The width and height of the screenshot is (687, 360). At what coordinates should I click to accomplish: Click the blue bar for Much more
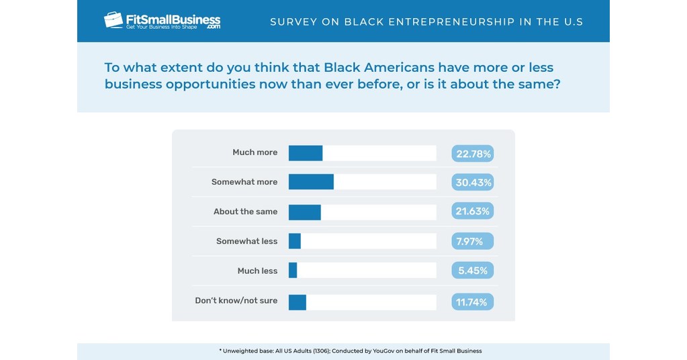[x=306, y=153]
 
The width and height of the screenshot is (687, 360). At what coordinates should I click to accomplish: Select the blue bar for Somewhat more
[x=311, y=182]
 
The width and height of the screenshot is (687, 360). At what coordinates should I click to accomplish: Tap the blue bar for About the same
[x=305, y=212]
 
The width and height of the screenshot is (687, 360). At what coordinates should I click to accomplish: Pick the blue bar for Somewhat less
[x=295, y=241]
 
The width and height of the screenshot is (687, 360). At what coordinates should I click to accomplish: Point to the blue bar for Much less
[x=293, y=271]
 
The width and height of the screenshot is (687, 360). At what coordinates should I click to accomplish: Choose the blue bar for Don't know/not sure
[x=297, y=302]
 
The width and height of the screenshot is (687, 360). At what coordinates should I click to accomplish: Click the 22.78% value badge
[x=473, y=154]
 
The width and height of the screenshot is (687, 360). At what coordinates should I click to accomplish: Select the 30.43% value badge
[x=473, y=183]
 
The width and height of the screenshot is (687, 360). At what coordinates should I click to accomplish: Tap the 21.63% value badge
[x=473, y=212]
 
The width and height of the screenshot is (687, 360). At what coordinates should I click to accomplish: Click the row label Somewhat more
[x=244, y=182]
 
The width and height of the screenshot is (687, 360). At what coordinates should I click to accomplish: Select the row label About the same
[x=245, y=212]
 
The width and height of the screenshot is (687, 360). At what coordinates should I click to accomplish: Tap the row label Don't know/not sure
[x=236, y=300]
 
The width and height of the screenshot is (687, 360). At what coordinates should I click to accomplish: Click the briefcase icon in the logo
[x=113, y=20]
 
